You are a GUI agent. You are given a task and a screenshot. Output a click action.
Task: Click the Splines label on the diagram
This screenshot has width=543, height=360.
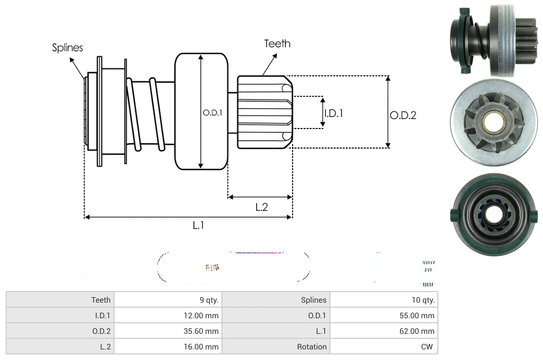[67, 48]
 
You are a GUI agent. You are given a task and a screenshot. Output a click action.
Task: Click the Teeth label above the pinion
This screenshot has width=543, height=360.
[277, 43]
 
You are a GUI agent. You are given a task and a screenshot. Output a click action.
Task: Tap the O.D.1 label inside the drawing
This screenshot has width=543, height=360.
[213, 112]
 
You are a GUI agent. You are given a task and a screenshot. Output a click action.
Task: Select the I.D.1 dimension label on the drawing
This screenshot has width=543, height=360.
[333, 113]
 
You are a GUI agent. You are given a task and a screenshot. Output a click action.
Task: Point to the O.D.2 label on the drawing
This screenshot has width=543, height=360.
[403, 115]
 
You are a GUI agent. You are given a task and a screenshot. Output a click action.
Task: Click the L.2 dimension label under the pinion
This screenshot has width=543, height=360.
[261, 207]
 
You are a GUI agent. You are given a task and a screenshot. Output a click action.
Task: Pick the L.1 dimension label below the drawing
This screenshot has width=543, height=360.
[199, 225]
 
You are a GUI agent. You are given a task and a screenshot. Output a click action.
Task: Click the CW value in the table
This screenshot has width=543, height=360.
[427, 347]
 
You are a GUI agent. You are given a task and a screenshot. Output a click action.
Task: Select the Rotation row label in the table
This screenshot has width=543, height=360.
[312, 347]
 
